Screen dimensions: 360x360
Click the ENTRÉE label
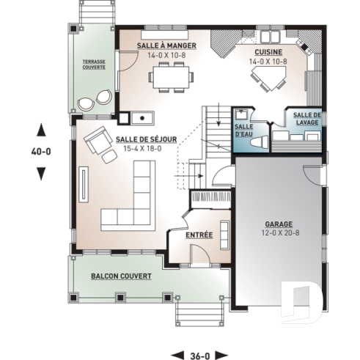pyautogui.click(x=199, y=236)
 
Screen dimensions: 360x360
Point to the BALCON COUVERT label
pyautogui.click(x=121, y=276)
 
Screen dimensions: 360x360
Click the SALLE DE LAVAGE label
pyautogui.click(x=306, y=119)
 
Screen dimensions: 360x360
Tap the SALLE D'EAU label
pyautogui.click(x=243, y=129)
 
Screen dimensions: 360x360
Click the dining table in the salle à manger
pyautogui.click(x=172, y=75)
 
